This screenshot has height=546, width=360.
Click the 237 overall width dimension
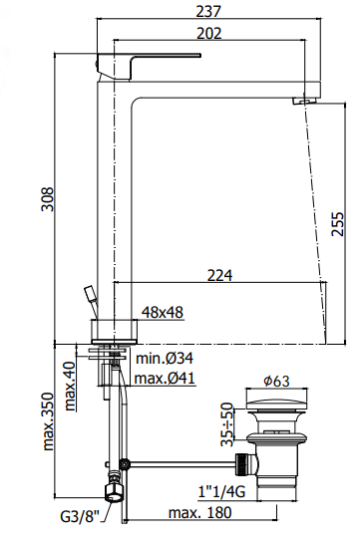coord(208,11)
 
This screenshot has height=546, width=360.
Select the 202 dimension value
coord(209,34)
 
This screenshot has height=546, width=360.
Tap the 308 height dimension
coord(48,199)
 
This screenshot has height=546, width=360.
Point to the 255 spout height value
coord(337,224)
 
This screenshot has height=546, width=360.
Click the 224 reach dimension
coord(220,275)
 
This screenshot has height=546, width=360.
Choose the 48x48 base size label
coord(163,312)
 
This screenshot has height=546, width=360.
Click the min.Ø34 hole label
coord(165,358)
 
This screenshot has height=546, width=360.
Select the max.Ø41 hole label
coord(165,378)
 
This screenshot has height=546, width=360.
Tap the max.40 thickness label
coord(71,386)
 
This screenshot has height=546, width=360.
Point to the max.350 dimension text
coord(48,421)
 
